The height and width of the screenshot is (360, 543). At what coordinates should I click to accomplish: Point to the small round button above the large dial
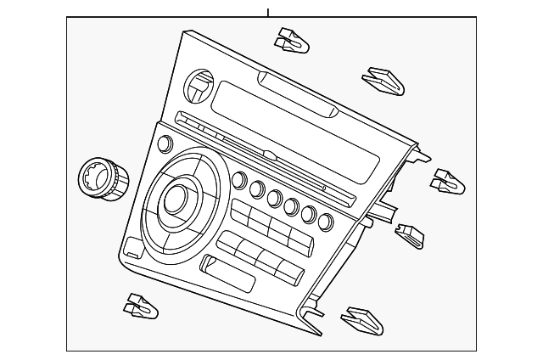(x=164, y=143)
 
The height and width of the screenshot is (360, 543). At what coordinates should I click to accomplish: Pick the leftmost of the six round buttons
(x=238, y=180)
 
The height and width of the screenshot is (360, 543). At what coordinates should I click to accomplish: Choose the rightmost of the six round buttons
(x=326, y=222)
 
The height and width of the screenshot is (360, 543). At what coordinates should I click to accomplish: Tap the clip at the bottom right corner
(x=362, y=320)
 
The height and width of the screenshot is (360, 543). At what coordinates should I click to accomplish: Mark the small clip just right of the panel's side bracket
(x=410, y=235)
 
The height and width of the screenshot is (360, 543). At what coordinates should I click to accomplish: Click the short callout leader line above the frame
(x=268, y=12)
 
